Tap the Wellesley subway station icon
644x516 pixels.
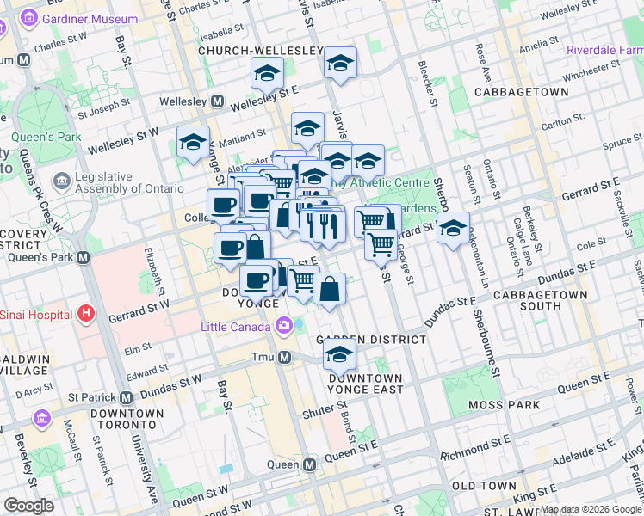tap(218, 101)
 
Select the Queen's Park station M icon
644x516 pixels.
tap(84, 257)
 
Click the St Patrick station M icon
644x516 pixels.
tap(127, 398)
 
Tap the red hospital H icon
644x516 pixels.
tap(84, 315)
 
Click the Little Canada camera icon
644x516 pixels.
tap(283, 326)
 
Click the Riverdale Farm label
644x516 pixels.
tap(604, 50)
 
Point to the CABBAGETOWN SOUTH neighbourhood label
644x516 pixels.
tap(540, 300)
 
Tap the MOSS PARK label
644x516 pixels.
tap(504, 404)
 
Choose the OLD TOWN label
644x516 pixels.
tap(484, 486)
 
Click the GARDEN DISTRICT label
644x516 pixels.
tap(371, 340)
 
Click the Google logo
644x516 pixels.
tap(28, 505)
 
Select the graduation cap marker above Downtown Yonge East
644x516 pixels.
tap(340, 353)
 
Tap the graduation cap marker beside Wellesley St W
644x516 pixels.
tap(193, 141)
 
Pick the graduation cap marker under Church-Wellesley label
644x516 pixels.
tap(268, 74)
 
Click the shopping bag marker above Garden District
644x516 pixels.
tap(329, 288)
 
